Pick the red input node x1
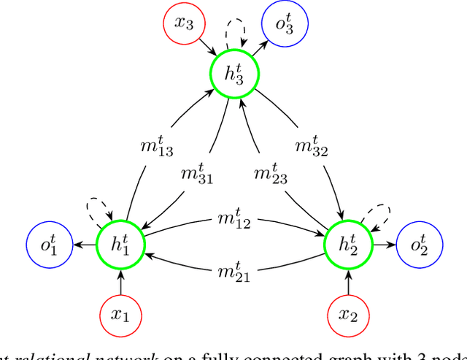pos(121,315)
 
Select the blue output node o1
pos(48,245)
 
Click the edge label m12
pos(233,221)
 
